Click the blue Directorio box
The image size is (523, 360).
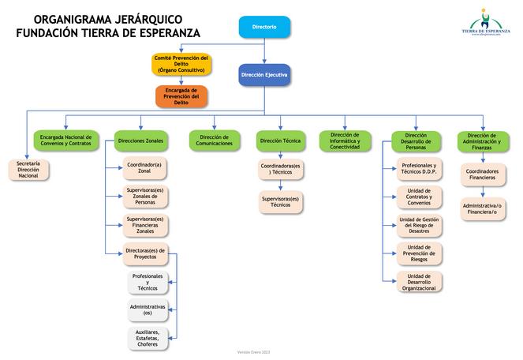click(x=264, y=27)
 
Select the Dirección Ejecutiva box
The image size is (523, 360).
click(x=264, y=74)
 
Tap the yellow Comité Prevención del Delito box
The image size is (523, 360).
click(x=181, y=64)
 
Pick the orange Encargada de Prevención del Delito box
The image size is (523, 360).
click(x=181, y=96)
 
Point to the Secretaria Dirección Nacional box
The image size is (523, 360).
click(x=28, y=170)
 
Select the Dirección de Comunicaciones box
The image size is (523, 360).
click(x=215, y=141)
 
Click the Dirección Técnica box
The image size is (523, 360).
click(x=281, y=141)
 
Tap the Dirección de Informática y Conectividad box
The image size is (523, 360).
click(x=346, y=141)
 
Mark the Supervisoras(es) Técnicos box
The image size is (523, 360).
click(x=281, y=202)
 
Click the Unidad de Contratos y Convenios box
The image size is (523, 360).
click(x=419, y=197)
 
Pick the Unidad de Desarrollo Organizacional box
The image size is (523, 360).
click(x=419, y=282)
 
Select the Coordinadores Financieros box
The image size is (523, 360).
click(x=482, y=174)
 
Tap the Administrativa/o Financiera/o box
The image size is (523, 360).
click(x=482, y=208)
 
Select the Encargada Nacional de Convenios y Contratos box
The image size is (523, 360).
click(x=65, y=141)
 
